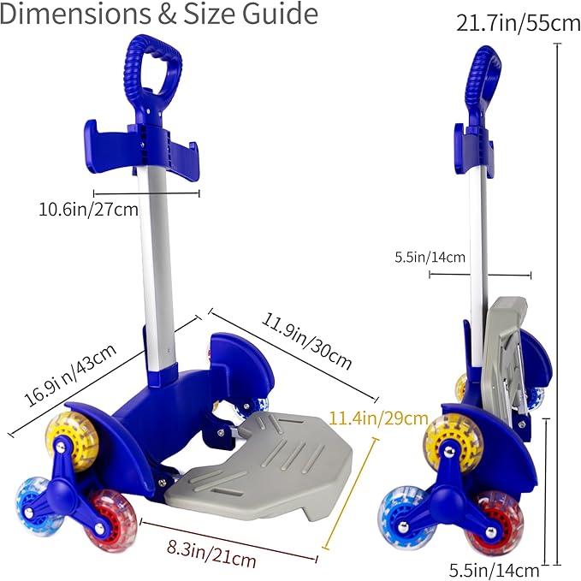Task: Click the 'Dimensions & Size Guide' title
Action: (x=158, y=14)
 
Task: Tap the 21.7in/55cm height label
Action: (x=518, y=24)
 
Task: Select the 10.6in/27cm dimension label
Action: (x=88, y=210)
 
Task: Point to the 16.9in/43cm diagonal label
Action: (x=70, y=375)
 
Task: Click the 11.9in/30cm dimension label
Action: (x=306, y=341)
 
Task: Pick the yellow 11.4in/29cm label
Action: (x=378, y=418)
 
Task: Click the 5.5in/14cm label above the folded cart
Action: (x=430, y=257)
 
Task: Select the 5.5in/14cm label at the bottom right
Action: (x=495, y=570)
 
